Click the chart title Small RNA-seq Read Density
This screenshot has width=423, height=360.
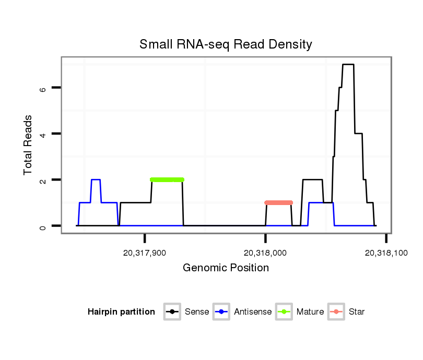(226, 44)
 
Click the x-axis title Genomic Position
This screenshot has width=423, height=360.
(226, 268)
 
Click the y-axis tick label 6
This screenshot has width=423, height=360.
(43, 88)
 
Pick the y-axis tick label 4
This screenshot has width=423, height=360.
(43, 134)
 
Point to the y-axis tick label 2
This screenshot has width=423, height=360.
(43, 180)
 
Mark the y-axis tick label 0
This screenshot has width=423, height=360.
(43, 226)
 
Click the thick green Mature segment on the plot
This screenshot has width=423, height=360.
(167, 179)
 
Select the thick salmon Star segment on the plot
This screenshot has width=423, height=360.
(278, 202)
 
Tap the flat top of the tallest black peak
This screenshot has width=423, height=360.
(348, 64)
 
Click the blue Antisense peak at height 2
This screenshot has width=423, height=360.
(96, 179)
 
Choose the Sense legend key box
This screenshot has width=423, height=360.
(172, 312)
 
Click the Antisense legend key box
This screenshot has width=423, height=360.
(221, 312)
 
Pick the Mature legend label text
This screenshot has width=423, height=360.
(310, 312)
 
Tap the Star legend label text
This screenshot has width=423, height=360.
(356, 312)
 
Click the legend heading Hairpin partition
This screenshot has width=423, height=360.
(121, 312)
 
